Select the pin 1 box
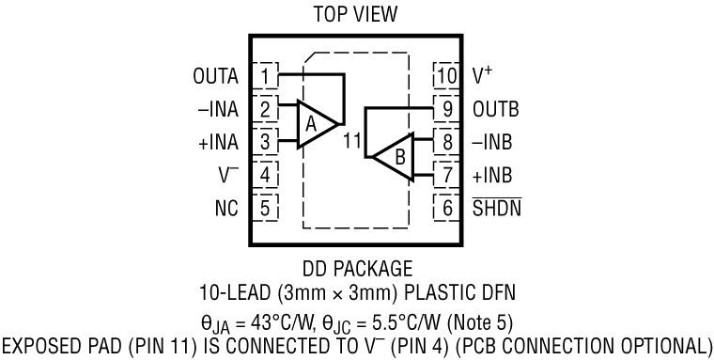tap(267, 75)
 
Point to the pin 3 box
tap(267, 142)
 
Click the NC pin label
tap(226, 208)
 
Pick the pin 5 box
tap(267, 208)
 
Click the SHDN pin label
tap(497, 208)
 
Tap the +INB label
tap(495, 175)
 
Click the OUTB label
tap(496, 109)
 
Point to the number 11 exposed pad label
tap(352, 143)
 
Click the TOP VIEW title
tap(356, 16)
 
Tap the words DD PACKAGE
tap(356, 268)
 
